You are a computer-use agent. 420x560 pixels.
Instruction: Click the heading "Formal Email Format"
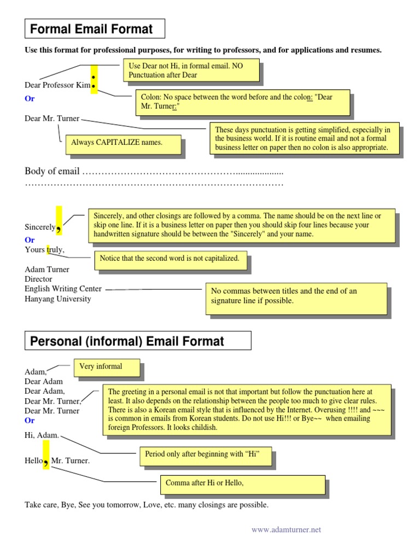91,29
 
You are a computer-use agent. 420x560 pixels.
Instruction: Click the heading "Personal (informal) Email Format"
127,341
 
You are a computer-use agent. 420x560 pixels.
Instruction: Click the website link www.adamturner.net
286,529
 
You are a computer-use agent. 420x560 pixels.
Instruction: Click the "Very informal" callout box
107,367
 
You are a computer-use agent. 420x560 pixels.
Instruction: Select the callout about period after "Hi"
205,454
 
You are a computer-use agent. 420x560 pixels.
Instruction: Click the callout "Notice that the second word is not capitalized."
170,259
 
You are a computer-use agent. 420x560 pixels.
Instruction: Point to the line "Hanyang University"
58,299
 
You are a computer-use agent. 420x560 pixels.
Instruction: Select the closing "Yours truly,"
44,250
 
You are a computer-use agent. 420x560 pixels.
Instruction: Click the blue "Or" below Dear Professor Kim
30,99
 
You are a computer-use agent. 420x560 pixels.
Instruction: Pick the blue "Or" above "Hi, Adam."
30,421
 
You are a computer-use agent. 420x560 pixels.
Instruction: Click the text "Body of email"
52,171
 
